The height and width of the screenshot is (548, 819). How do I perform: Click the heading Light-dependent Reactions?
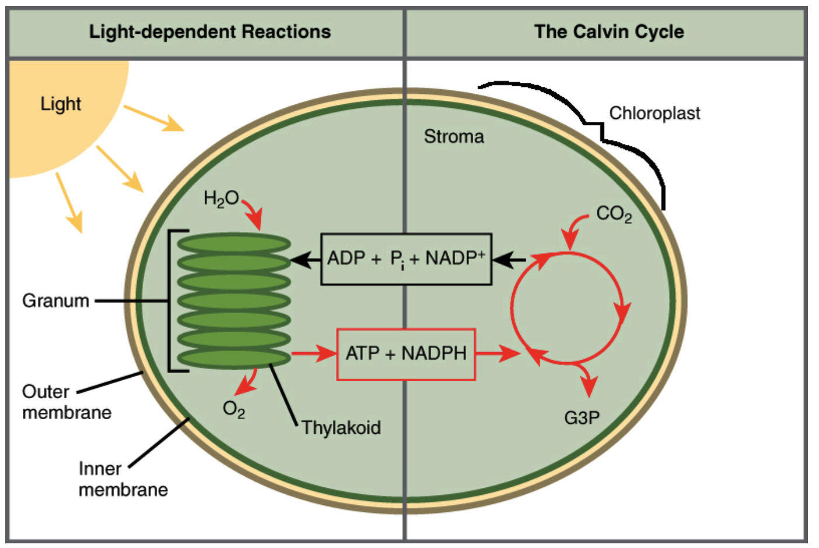[x=210, y=32]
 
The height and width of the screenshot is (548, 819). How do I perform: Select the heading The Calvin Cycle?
[x=609, y=32]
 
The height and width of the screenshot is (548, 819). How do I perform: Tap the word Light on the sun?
[x=61, y=104]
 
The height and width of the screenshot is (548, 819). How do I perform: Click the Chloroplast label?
[x=654, y=113]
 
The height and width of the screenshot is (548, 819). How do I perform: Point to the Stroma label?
[x=454, y=136]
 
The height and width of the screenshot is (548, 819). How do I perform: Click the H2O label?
[x=221, y=199]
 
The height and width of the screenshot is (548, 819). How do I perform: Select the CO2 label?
[x=614, y=214]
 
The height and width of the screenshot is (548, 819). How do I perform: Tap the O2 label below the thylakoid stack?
[x=234, y=409]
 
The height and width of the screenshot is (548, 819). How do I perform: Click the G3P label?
[x=582, y=417]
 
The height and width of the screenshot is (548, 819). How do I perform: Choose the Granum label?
[x=55, y=301]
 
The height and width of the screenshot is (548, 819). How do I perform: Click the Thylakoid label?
[x=341, y=427]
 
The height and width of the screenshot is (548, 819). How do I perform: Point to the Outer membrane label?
[x=67, y=402]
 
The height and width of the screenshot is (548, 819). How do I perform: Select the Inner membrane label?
[x=123, y=479]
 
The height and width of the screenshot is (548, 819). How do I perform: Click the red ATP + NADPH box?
[x=406, y=354]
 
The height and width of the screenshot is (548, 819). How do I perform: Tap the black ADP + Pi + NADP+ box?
[x=406, y=259]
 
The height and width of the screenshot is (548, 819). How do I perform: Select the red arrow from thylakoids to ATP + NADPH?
[x=314, y=353]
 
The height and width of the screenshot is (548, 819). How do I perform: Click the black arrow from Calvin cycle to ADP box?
[x=509, y=260]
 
